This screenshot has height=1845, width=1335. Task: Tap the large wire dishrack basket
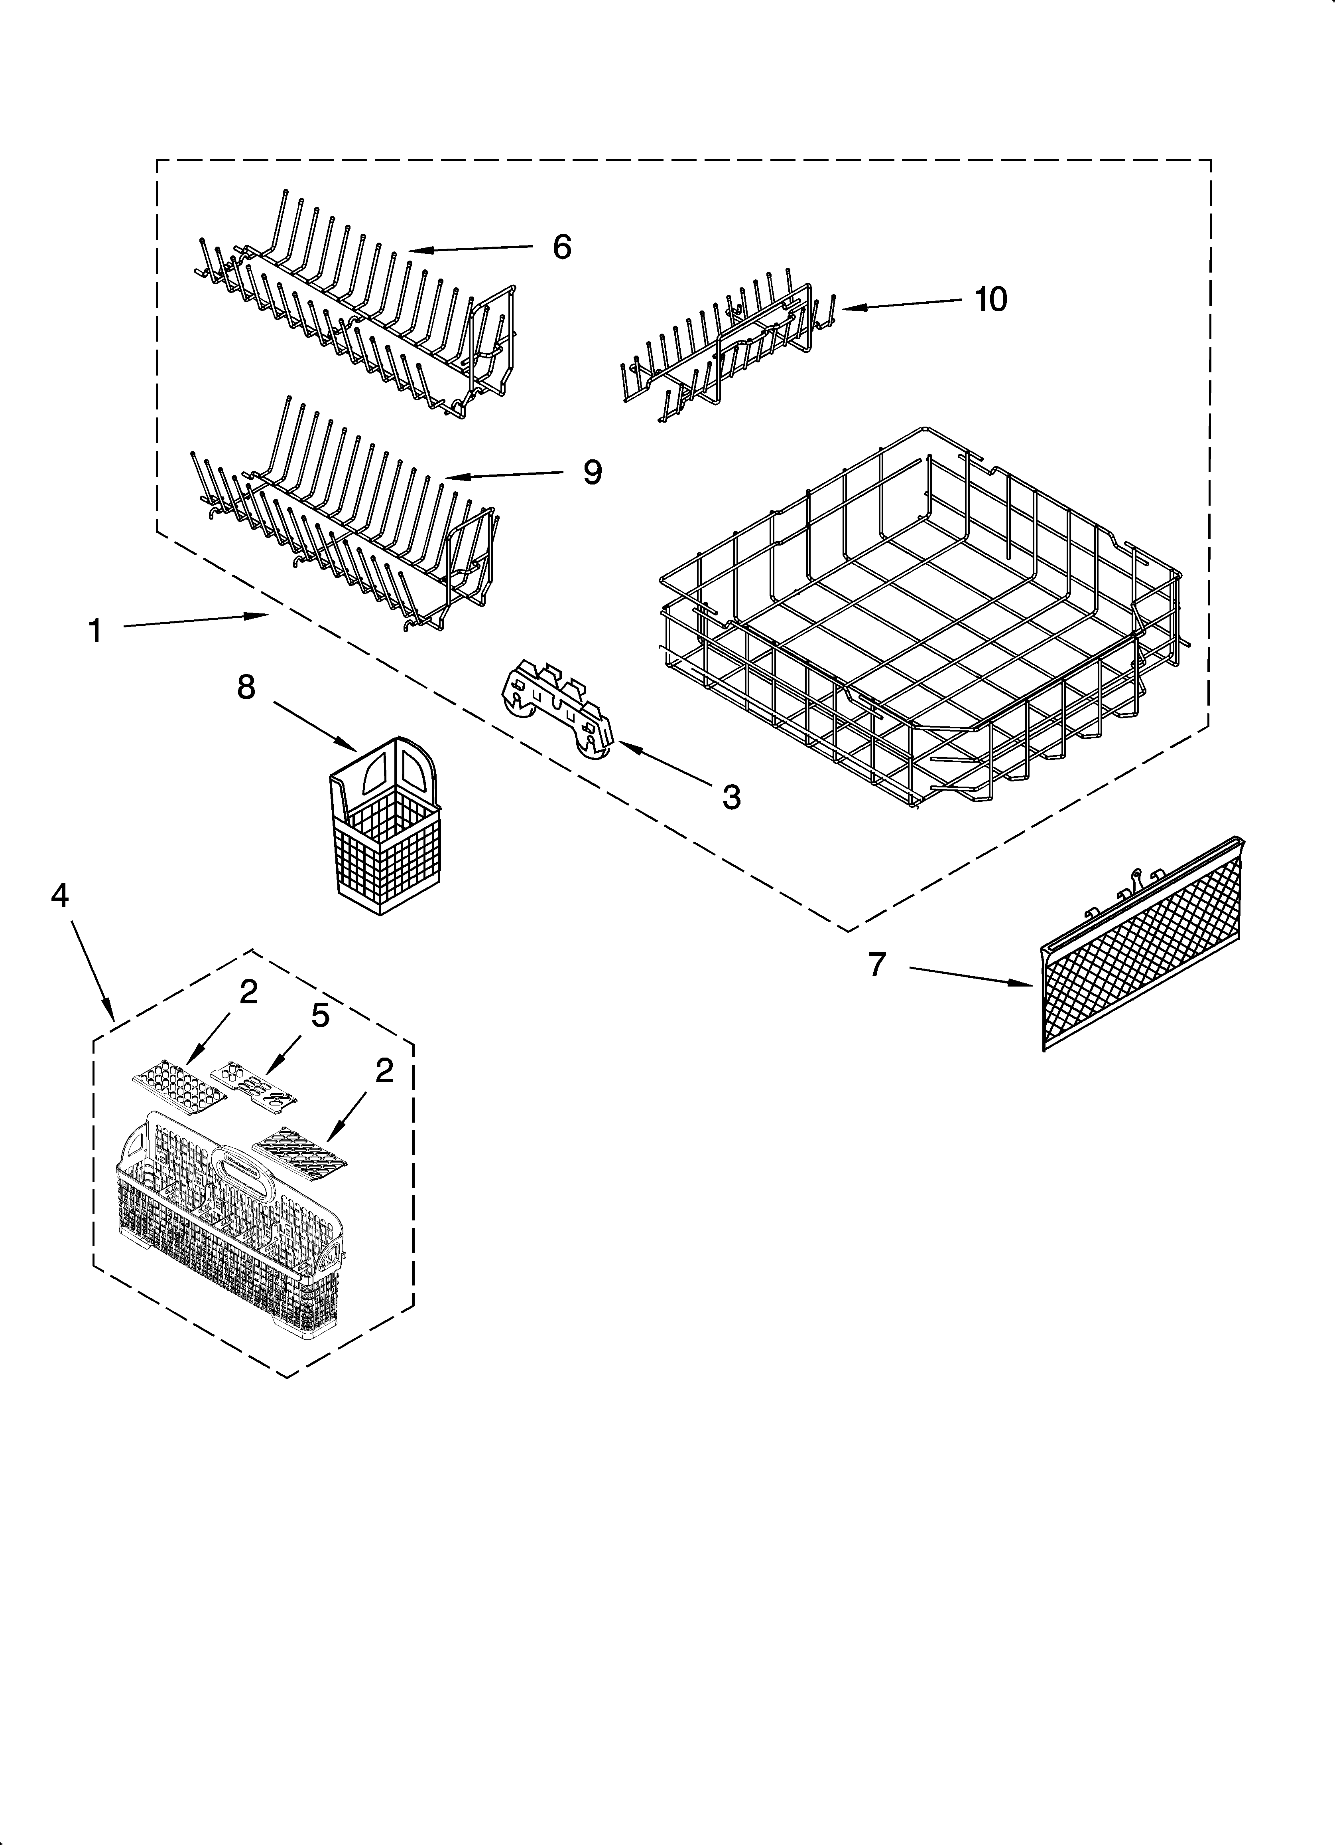click(919, 618)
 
